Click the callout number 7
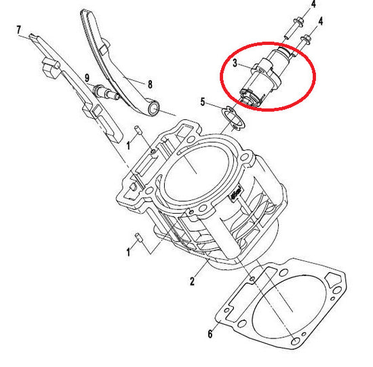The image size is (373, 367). pos(19,31)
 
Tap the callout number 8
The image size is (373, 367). pos(150,84)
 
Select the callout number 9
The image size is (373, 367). pos(87,78)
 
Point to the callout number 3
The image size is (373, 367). pos(235,63)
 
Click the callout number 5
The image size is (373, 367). pos(203,102)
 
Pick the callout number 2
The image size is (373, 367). pos(192,282)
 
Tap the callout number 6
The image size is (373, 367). pos(210,334)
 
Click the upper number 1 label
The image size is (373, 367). pos(128,145)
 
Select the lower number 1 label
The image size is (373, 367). pos(128,252)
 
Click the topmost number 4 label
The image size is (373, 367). pos(313,4)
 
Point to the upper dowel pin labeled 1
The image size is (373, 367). pos(138,131)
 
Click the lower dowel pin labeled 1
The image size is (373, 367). pos(138,237)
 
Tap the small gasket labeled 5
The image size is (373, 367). pos(233,119)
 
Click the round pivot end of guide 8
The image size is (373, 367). pos(154,108)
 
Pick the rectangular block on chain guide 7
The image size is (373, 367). pos(50,69)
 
